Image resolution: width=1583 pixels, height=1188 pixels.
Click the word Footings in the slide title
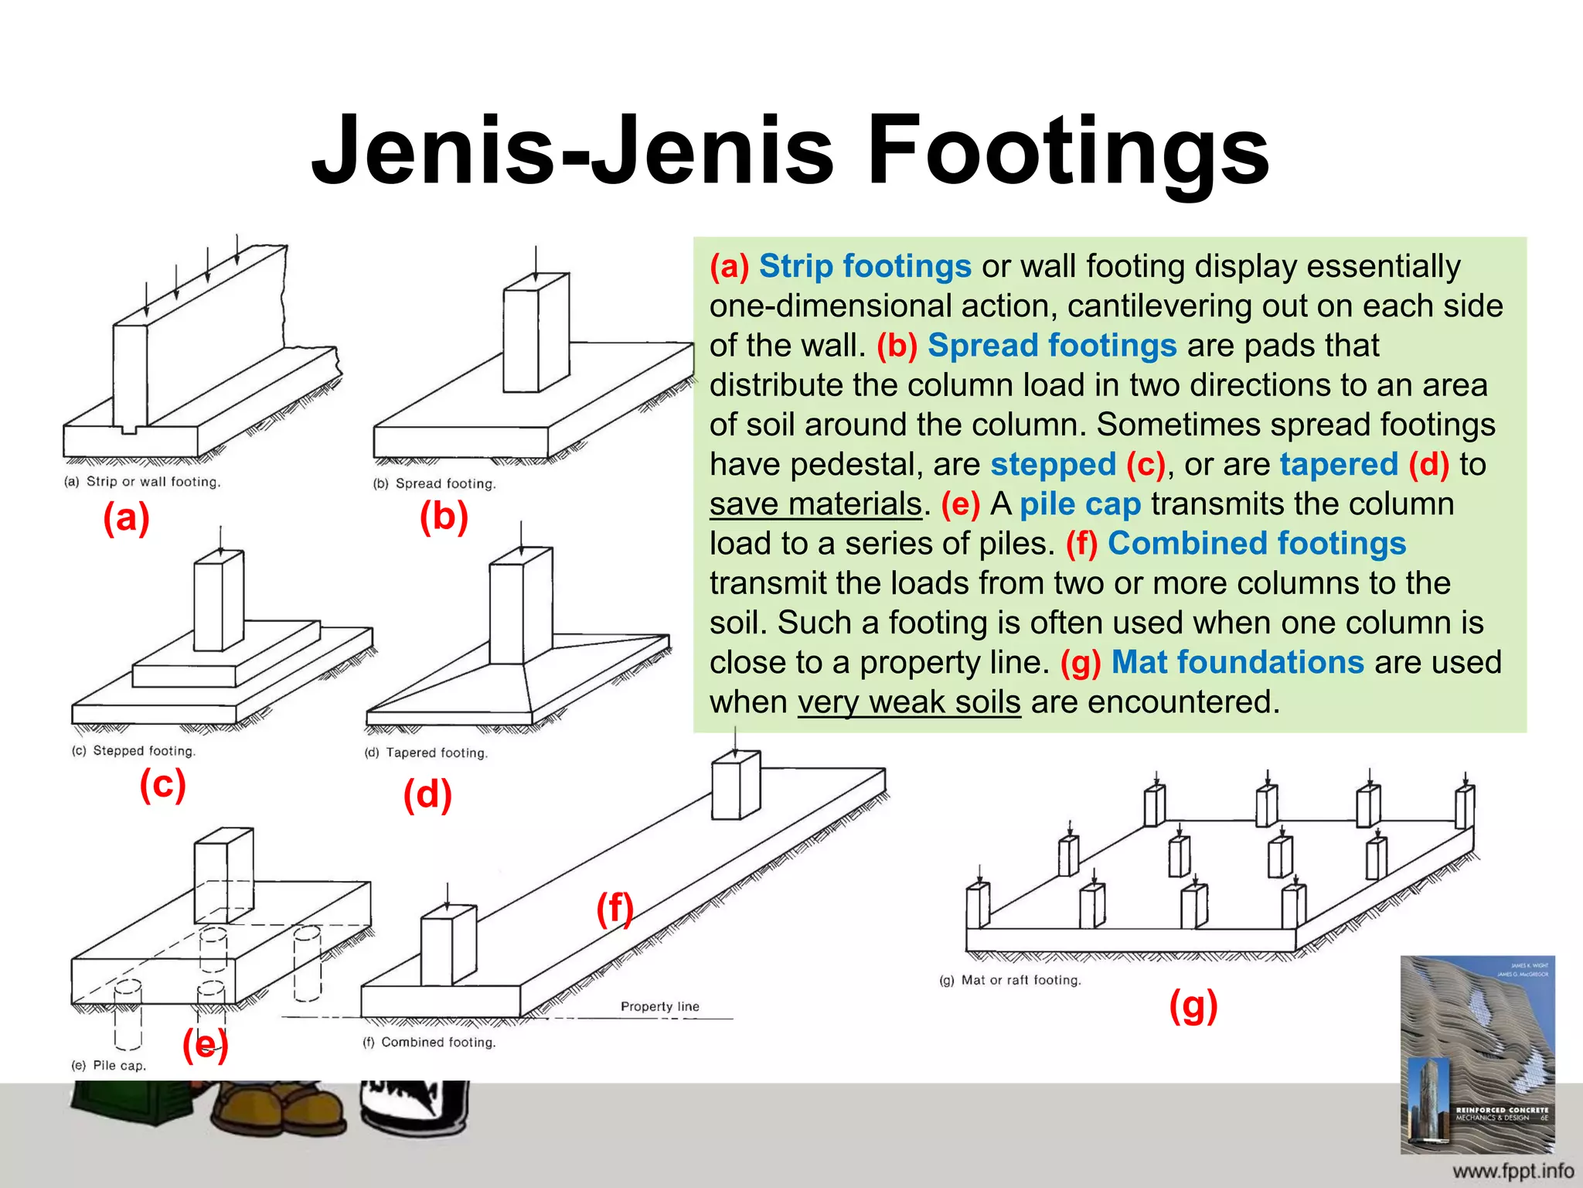pos(1067,151)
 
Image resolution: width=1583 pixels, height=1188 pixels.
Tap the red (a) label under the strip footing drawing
pos(126,517)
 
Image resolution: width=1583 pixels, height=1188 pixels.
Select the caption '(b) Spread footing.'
pos(434,483)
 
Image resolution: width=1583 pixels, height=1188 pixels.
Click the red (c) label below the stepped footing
pos(162,784)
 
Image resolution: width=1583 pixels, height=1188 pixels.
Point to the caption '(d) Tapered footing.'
pos(426,753)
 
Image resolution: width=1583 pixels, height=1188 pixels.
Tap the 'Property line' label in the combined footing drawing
pos(659,1006)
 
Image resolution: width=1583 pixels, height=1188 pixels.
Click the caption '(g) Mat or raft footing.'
pos(1010,980)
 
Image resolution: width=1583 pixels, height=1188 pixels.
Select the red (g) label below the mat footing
pos(1193,1006)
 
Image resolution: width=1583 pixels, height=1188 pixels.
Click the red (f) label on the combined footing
pos(614,908)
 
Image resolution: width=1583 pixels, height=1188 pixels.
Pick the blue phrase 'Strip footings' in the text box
pos(864,266)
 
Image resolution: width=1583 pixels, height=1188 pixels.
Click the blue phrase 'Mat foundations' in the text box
pos(1237,663)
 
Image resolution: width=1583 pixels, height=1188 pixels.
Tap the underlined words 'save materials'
pos(815,504)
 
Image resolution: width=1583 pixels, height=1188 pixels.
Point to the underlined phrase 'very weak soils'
pos(909,702)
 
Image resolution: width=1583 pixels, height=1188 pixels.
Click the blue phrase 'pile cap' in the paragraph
pos(1080,504)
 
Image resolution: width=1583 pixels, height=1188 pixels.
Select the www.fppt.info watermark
pos(1513,1171)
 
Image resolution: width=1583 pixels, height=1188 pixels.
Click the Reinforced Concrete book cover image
pos(1477,1054)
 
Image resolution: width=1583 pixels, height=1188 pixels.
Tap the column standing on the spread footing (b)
pos(536,333)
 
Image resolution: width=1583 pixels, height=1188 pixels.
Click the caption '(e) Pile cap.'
pos(109,1065)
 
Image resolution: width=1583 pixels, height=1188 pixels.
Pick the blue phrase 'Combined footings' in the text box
pos(1256,544)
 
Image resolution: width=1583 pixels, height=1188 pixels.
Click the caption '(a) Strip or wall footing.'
pos(142,481)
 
